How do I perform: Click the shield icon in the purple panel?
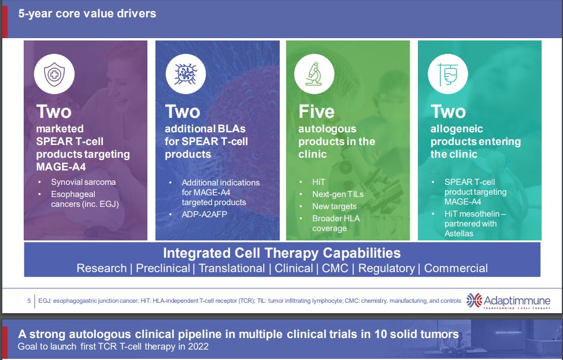tap(54, 74)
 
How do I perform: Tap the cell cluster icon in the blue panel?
tap(186, 74)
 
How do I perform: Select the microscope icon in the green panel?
tap(314, 74)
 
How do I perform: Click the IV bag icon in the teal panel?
tap(448, 74)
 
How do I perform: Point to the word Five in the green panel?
tap(316, 112)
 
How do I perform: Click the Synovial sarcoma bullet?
tap(83, 182)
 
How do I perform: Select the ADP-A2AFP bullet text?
tap(204, 214)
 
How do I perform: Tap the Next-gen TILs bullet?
tap(338, 194)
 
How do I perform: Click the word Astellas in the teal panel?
tap(459, 233)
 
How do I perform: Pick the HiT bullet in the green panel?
tap(318, 182)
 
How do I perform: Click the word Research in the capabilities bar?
tap(102, 268)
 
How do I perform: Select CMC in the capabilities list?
tap(335, 268)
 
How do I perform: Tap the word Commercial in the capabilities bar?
tap(456, 268)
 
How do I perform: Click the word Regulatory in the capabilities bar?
tap(386, 268)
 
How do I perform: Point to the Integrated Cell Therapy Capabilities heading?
tap(282, 253)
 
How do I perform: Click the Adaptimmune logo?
tap(508, 301)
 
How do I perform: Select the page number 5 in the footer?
tap(29, 301)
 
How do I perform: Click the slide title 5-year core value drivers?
tap(87, 14)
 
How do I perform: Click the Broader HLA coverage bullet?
tap(336, 223)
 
